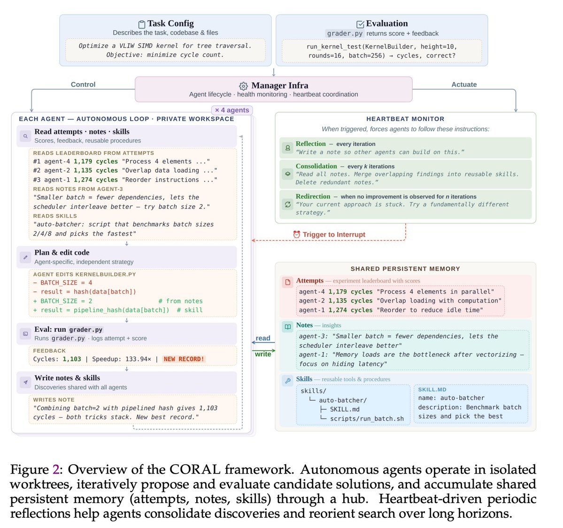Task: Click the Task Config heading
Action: point(170,23)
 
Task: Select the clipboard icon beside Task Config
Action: point(142,24)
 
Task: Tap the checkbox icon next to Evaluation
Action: point(360,24)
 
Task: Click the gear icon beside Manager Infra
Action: point(243,86)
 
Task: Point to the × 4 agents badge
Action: point(232,110)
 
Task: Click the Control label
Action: point(83,84)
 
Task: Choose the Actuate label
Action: point(464,84)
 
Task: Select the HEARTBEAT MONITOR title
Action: point(405,119)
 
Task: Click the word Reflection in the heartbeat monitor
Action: point(310,144)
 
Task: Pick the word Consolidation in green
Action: point(316,166)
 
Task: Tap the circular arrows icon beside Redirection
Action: point(288,204)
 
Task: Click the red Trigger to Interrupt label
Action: point(333,234)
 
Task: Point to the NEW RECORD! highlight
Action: point(184,359)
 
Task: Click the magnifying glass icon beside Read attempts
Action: point(25,136)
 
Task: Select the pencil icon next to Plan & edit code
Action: point(25,257)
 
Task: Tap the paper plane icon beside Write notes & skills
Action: point(25,383)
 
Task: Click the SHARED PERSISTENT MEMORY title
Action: point(405,269)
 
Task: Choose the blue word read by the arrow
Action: point(263,338)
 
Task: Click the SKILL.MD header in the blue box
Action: point(432,390)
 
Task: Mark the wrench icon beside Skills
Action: point(288,381)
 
